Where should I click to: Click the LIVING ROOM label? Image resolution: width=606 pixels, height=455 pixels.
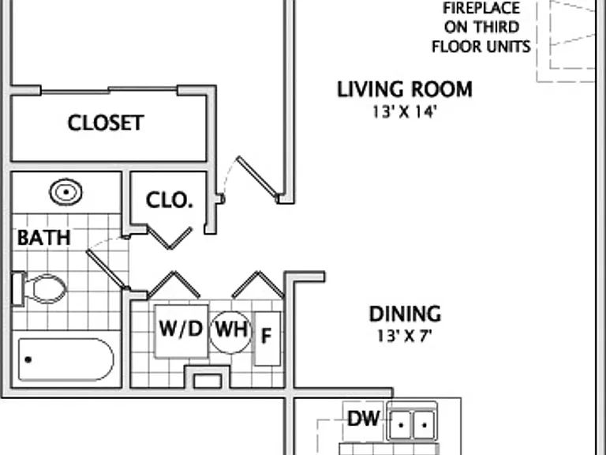pyautogui.click(x=405, y=89)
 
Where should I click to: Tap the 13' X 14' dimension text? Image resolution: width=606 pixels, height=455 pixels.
pyautogui.click(x=405, y=112)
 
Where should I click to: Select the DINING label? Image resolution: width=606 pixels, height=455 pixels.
pyautogui.click(x=405, y=314)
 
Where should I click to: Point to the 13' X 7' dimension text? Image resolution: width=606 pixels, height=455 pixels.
pyautogui.click(x=404, y=337)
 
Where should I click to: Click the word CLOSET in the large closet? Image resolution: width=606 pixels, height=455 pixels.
pyautogui.click(x=106, y=123)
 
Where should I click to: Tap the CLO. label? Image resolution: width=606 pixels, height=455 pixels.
pyautogui.click(x=170, y=201)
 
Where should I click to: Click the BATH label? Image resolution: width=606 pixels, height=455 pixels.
pyautogui.click(x=44, y=238)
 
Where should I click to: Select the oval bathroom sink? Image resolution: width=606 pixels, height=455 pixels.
pyautogui.click(x=66, y=192)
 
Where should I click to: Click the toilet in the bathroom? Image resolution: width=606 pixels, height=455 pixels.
pyautogui.click(x=39, y=288)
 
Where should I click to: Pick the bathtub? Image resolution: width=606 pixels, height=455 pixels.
pyautogui.click(x=66, y=359)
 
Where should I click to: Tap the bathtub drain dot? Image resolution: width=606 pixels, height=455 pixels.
pyautogui.click(x=28, y=359)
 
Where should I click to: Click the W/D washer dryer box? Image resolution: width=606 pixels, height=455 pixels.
pyautogui.click(x=181, y=331)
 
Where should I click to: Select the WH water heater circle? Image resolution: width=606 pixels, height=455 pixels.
pyautogui.click(x=230, y=332)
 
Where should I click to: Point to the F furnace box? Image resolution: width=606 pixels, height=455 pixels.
pyautogui.click(x=267, y=339)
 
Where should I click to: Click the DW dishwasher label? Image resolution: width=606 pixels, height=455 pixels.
pyautogui.click(x=363, y=418)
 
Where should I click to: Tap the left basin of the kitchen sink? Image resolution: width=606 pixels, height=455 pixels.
pyautogui.click(x=400, y=425)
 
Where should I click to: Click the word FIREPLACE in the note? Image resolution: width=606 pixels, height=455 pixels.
pyautogui.click(x=481, y=9)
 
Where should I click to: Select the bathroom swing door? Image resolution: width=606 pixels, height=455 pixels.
pyautogui.click(x=107, y=269)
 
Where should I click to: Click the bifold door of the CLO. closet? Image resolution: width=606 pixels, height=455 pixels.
pyautogui.click(x=170, y=238)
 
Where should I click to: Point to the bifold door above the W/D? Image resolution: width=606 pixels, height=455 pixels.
pyautogui.click(x=174, y=284)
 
